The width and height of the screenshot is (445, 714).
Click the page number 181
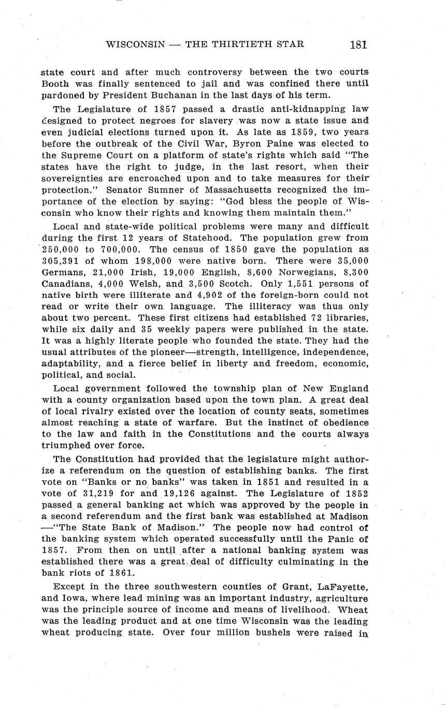[x=358, y=44]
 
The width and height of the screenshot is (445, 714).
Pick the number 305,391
[x=59, y=261]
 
